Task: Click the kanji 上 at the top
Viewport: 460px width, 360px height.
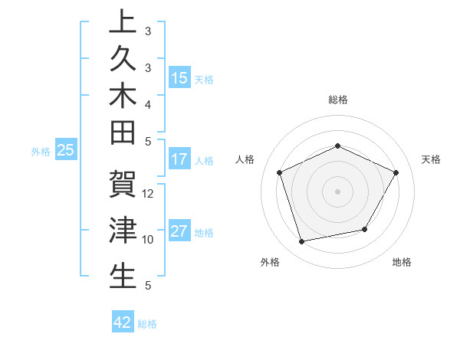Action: coord(123,24)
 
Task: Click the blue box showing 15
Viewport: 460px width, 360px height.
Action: coord(179,78)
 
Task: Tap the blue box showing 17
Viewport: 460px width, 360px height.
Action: coord(179,160)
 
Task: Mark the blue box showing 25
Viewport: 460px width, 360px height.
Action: coord(66,151)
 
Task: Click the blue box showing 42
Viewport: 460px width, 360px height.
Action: coord(123,322)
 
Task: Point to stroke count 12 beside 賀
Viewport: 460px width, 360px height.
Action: coord(149,194)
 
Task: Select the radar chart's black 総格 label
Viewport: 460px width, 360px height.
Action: coord(337,100)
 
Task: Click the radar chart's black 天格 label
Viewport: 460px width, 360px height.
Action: coord(432,159)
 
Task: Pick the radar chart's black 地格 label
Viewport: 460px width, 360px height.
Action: coord(402,262)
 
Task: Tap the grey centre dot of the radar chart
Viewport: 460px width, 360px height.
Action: coord(337,191)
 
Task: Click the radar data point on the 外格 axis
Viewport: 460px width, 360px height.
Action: coord(302,242)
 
